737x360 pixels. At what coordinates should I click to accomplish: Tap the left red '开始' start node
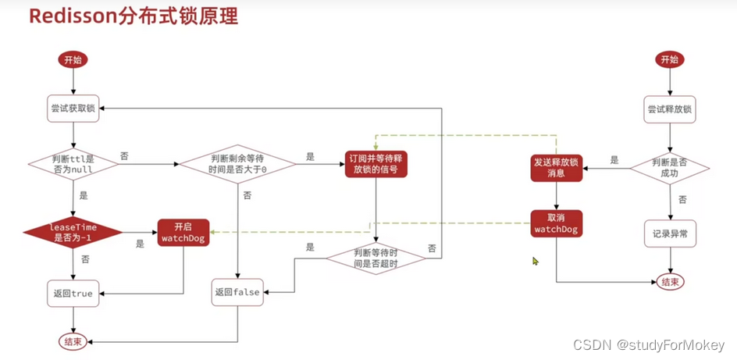73,59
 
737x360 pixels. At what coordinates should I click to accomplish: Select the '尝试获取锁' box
73,110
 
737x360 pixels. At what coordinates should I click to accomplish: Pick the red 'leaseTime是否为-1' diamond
73,232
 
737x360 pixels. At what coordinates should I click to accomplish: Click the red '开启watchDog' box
182,232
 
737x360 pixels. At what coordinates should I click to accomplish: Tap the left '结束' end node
73,341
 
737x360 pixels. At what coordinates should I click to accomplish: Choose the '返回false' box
237,292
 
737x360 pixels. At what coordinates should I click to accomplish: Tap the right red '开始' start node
670,59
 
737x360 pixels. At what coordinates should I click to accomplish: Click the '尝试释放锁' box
670,110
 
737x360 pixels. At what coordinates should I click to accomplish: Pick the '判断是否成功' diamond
670,165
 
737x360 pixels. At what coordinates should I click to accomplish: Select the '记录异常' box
670,233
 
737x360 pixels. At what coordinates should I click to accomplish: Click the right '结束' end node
670,282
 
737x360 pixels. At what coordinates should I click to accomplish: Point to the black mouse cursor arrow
536,261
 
